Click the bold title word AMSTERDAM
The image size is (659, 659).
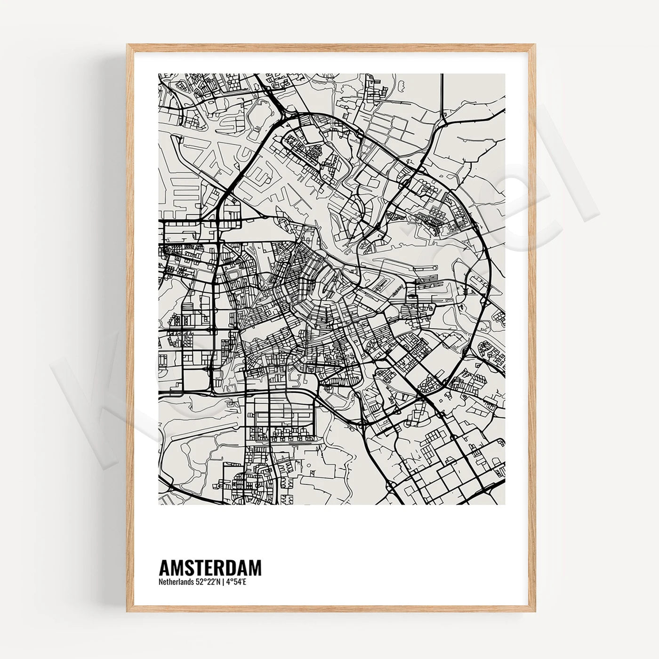210,567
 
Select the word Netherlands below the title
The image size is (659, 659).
175,582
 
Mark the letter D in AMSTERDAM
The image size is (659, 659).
231,567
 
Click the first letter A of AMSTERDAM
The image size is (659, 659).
165,567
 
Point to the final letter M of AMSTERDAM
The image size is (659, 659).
255,567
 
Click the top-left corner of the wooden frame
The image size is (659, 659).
128,45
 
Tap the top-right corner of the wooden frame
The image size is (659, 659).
534,45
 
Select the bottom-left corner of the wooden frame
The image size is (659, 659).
128,611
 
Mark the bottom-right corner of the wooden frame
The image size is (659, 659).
534,611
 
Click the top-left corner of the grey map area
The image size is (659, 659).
159,74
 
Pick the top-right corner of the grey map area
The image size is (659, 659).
506,74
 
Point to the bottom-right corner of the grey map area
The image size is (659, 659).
506,505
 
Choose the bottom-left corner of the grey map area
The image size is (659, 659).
159,505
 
